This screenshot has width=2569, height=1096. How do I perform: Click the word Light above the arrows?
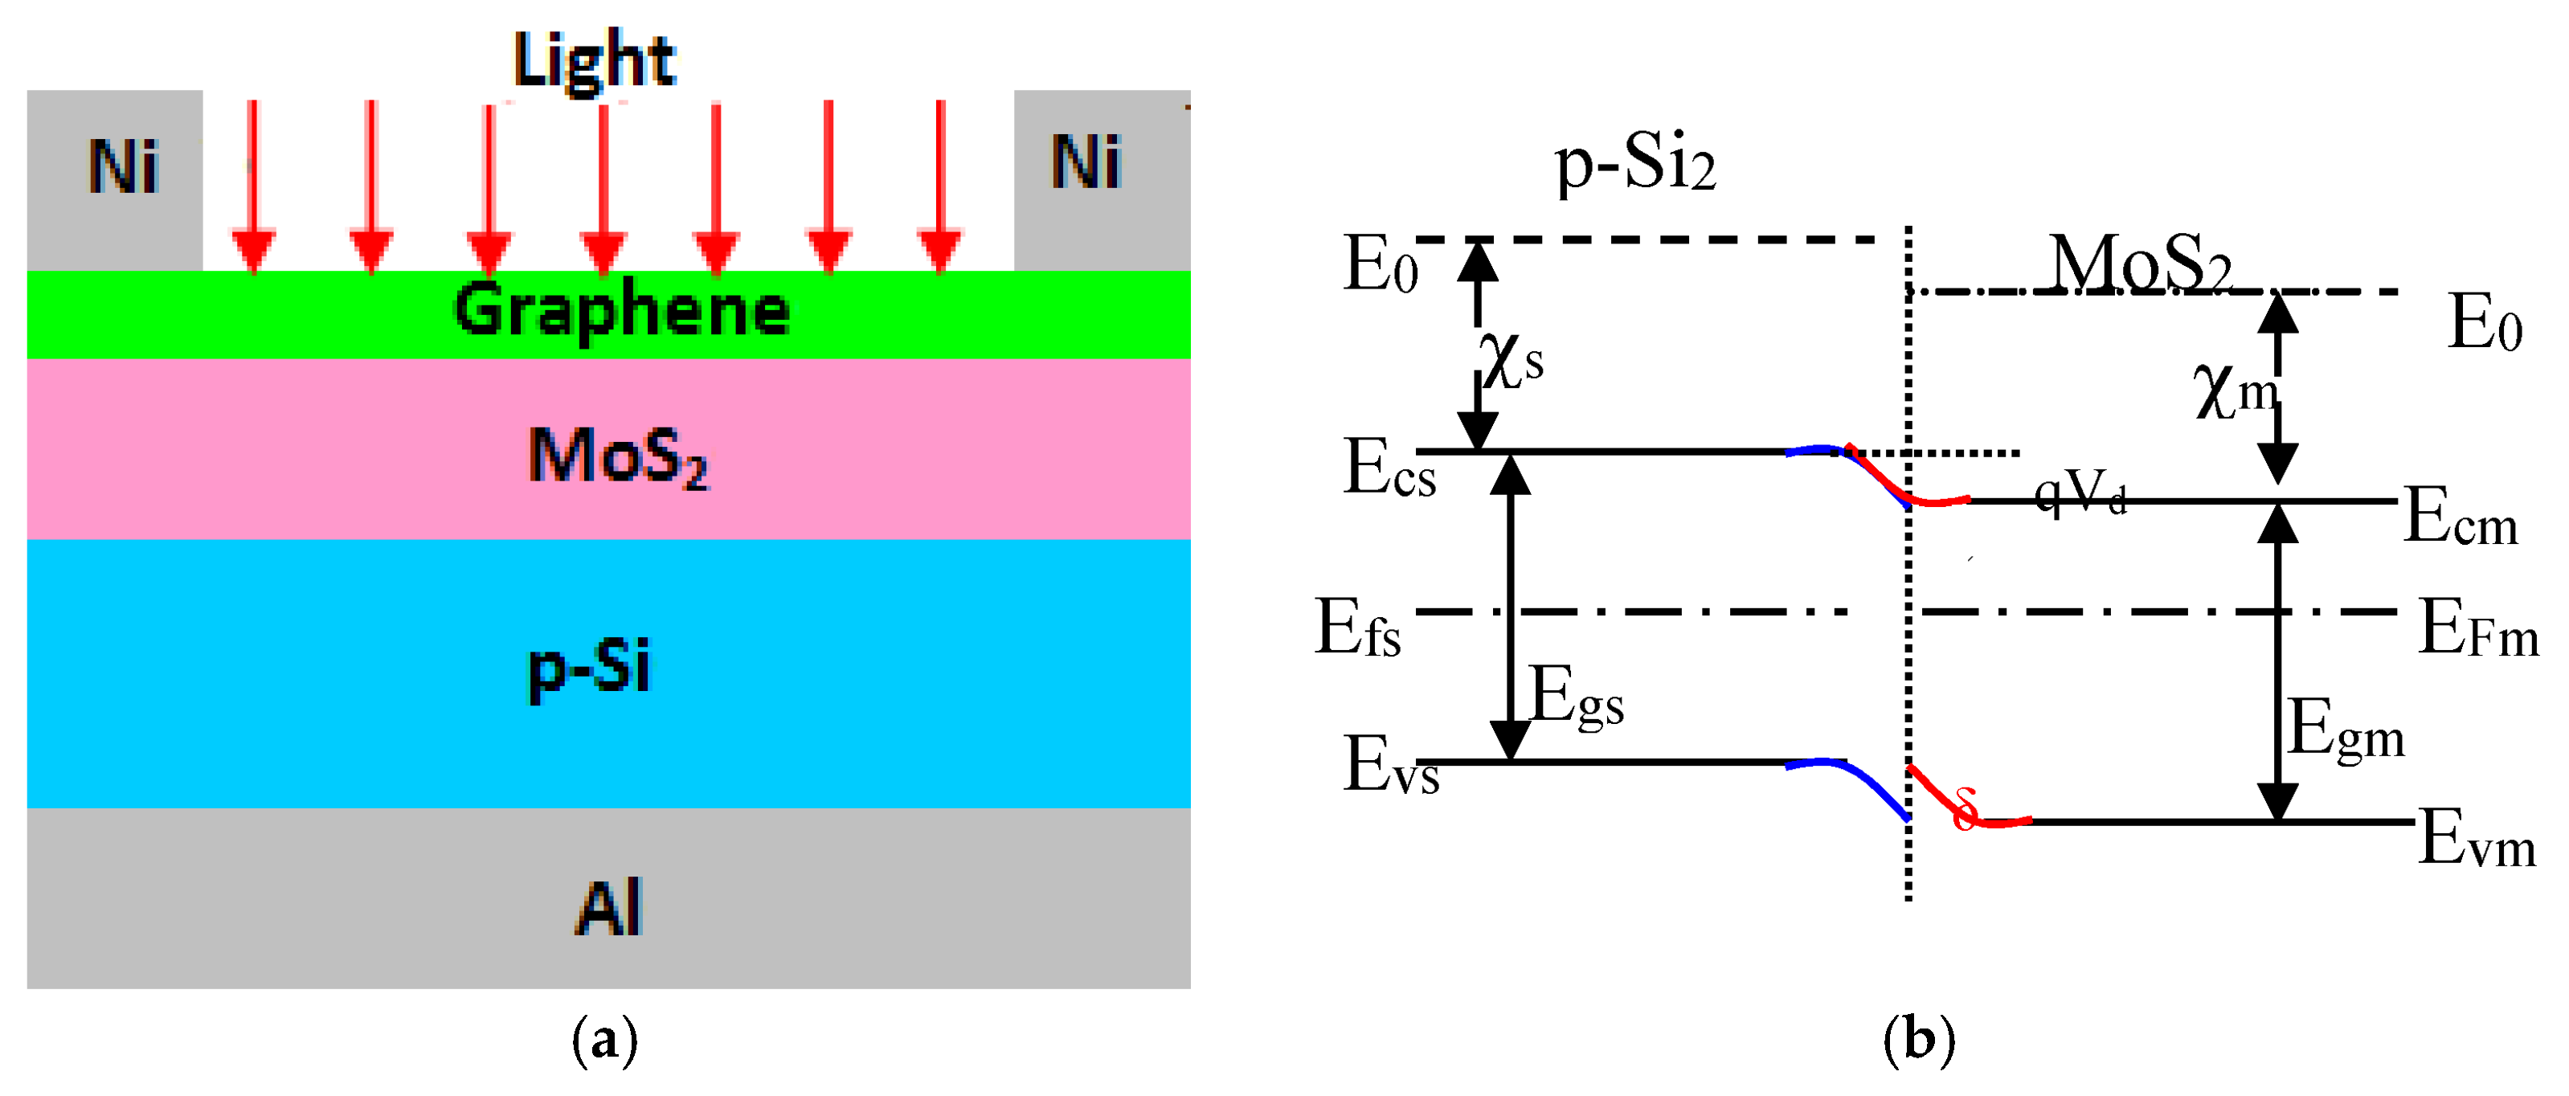pyautogui.click(x=595, y=59)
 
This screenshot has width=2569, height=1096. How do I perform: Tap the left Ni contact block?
pyautogui.click(x=115, y=179)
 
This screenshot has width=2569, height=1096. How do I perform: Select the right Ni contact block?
pyautogui.click(x=1101, y=179)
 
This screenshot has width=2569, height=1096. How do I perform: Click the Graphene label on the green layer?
pyautogui.click(x=621, y=311)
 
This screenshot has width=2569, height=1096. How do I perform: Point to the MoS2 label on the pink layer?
pyautogui.click(x=617, y=456)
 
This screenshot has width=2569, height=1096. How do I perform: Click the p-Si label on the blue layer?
pyautogui.click(x=588, y=666)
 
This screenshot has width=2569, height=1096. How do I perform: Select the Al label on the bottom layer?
pyautogui.click(x=608, y=906)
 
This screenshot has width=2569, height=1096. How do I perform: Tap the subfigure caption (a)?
pyautogui.click(x=604, y=1039)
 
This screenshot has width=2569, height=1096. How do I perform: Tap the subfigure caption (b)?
pyautogui.click(x=1919, y=1039)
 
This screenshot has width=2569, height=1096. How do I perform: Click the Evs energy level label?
pyautogui.click(x=1390, y=765)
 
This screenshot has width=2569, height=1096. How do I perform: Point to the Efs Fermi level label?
pyautogui.click(x=1357, y=628)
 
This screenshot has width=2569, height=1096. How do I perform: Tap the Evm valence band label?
pyautogui.click(x=2477, y=839)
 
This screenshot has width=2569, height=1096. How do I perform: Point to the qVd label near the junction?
pyautogui.click(x=2080, y=493)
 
